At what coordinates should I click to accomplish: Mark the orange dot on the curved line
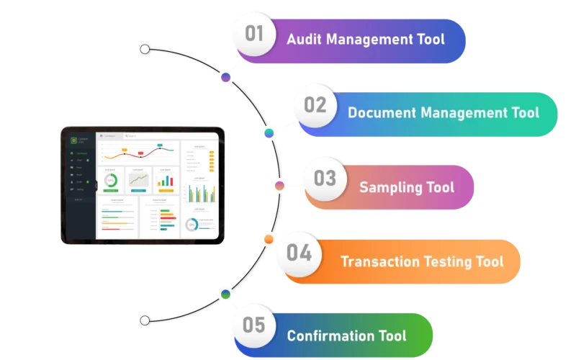pyautogui.click(x=269, y=238)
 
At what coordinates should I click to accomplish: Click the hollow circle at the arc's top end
pyautogui.click(x=145, y=49)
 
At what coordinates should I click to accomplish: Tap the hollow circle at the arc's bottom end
pyautogui.click(x=145, y=320)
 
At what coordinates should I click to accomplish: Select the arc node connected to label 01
pyautogui.click(x=226, y=77)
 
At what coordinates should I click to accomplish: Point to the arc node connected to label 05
pyautogui.click(x=225, y=294)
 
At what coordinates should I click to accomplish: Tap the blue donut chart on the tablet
pyautogui.click(x=192, y=224)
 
